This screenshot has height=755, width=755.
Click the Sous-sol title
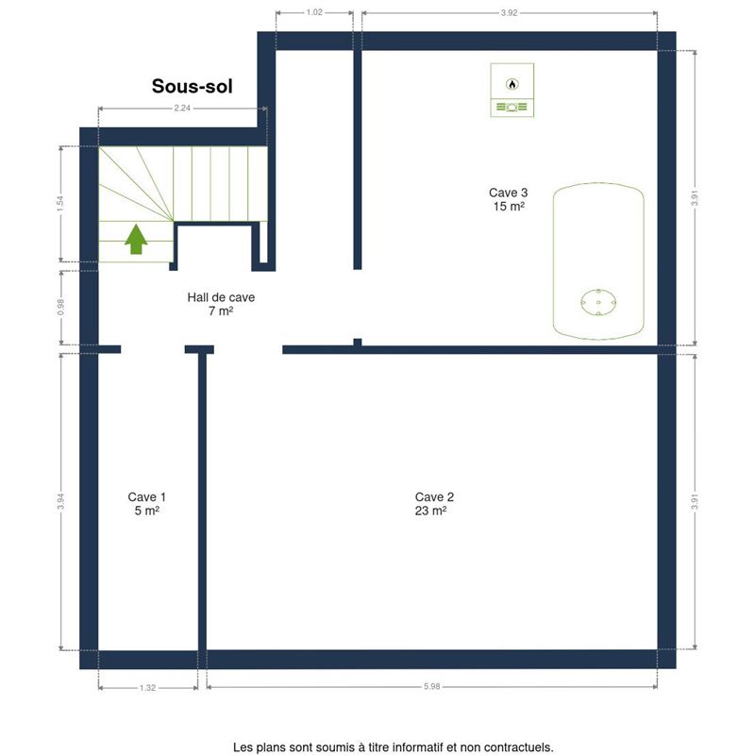coord(193,87)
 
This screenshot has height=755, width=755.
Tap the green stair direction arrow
coord(136,239)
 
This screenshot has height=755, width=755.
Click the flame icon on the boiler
coord(512,84)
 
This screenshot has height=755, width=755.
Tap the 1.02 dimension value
coord(314,12)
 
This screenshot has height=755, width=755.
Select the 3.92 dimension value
coord(509,13)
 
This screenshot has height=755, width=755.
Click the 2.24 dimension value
coord(182,109)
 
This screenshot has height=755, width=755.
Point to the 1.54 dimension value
coord(60,204)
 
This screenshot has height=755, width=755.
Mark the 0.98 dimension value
coord(60,308)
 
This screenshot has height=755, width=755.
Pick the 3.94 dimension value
coord(60,502)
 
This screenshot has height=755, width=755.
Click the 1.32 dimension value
coord(148,688)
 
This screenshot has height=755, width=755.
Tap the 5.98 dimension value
coord(432,687)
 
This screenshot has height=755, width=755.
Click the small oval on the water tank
coord(598,302)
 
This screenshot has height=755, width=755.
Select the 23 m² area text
coord(430,511)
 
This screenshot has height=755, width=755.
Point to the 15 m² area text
coord(509,206)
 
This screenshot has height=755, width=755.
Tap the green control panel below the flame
coord(512,107)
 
